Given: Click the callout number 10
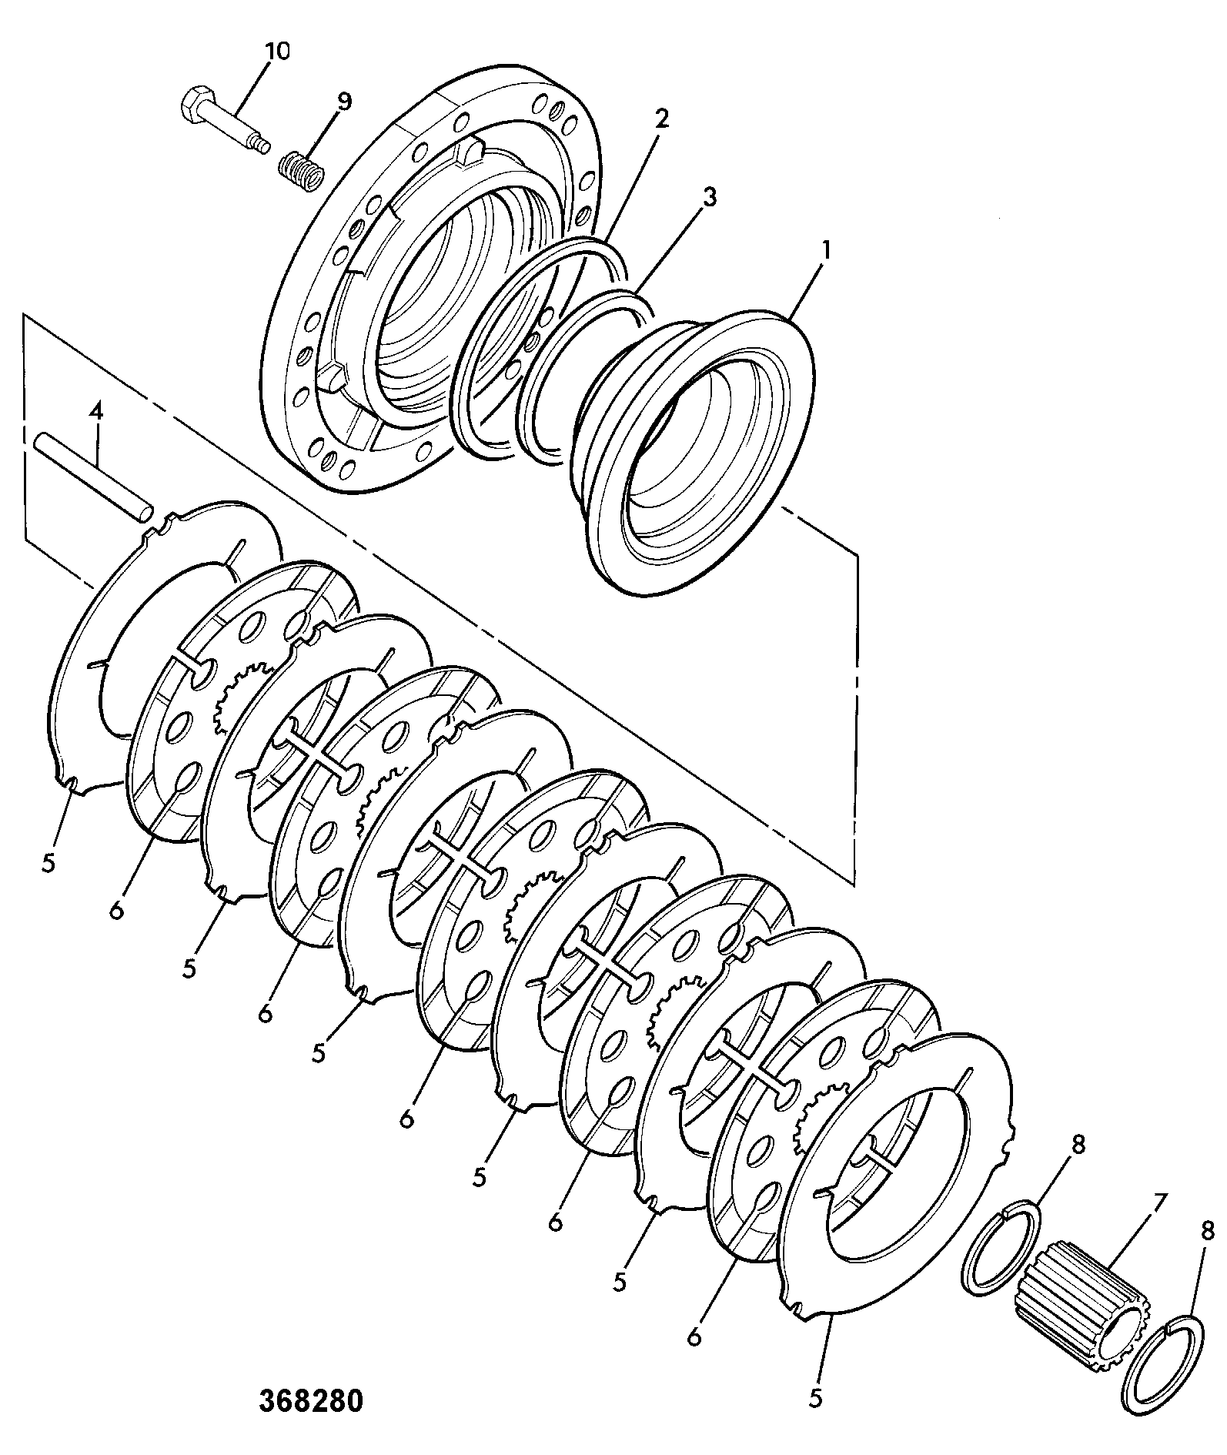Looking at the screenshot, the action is pos(277,52).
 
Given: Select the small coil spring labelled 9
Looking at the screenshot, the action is pos(301,169).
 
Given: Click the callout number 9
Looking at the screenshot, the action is pos(343,102).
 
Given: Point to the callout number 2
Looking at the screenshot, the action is pos(661,119).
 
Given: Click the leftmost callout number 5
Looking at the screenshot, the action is pos(49,864).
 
